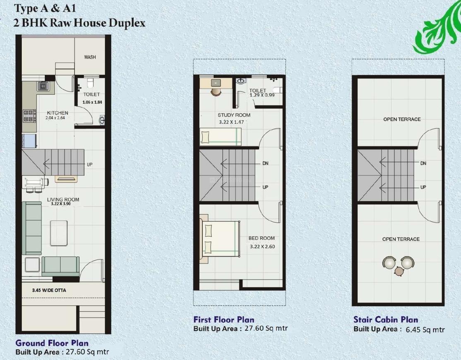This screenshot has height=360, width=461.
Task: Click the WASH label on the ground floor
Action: pyautogui.click(x=90, y=57)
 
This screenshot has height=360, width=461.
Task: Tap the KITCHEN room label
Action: pyautogui.click(x=58, y=113)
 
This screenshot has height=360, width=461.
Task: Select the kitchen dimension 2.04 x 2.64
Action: pyautogui.click(x=55, y=118)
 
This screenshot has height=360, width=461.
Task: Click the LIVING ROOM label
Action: pyautogui.click(x=63, y=199)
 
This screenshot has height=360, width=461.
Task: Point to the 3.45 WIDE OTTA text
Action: pyautogui.click(x=49, y=290)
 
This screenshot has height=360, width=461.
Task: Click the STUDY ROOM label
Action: pyautogui.click(x=234, y=115)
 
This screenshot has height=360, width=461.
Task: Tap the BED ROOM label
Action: pyautogui.click(x=262, y=238)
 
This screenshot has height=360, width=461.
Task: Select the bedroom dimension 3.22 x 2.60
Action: pyautogui.click(x=262, y=247)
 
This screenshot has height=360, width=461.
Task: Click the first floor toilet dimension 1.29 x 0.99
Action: pyautogui.click(x=262, y=95)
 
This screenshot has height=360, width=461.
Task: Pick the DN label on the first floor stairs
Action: pyautogui.click(x=265, y=163)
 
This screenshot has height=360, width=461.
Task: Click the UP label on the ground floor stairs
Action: pyautogui.click(x=89, y=165)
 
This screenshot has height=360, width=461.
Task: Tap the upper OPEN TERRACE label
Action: pyautogui.click(x=401, y=119)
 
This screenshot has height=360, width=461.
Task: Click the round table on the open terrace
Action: pyautogui.click(x=399, y=271)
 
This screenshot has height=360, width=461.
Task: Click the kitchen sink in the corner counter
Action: pyautogui.click(x=43, y=86)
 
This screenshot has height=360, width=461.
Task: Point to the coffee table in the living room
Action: pyautogui.click(x=59, y=232)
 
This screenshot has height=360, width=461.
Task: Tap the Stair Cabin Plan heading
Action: pyautogui.click(x=385, y=319)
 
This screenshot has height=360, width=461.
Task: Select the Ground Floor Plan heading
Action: pyautogui.click(x=52, y=343)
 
